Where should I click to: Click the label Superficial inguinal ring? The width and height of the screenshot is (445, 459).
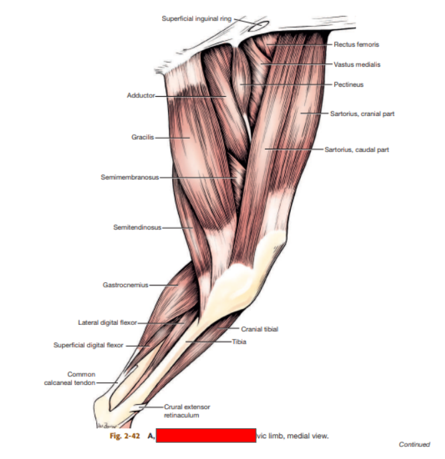196,18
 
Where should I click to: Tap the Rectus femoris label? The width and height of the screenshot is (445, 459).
358,44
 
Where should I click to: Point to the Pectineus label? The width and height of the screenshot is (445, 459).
349,85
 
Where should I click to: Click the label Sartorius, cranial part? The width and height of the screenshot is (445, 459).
362,113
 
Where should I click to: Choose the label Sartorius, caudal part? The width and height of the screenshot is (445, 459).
356,149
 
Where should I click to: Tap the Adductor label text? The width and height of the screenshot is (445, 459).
140,95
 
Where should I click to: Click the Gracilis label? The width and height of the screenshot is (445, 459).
143,137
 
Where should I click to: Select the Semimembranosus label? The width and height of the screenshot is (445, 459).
129,177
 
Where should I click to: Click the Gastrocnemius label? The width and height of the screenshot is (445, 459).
125,285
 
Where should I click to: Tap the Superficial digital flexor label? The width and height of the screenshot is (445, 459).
88,345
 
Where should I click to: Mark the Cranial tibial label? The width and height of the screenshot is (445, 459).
260,329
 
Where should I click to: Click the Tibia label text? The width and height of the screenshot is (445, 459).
240,341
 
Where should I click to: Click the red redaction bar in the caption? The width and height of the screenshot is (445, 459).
205,436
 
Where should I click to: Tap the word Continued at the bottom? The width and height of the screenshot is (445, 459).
414,445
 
